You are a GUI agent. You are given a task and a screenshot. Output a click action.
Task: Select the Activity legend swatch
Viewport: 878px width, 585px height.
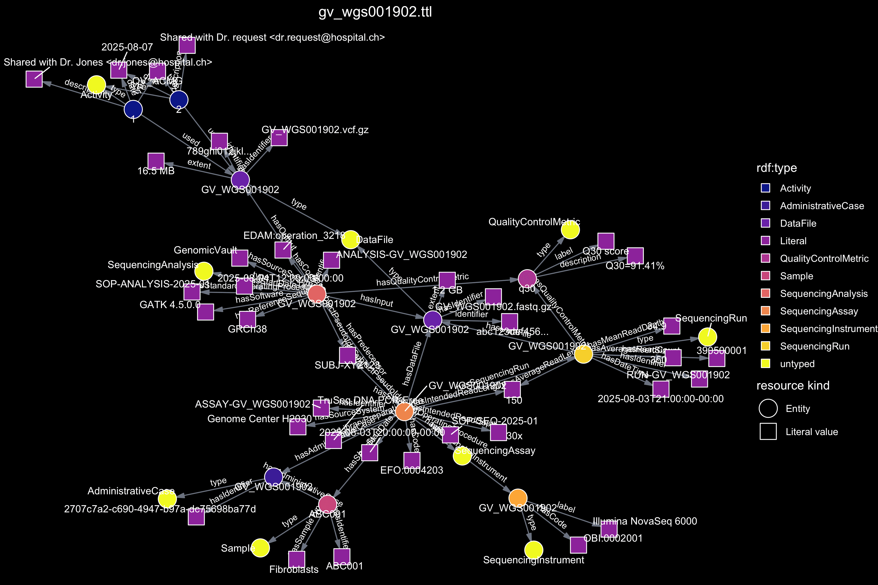(765, 188)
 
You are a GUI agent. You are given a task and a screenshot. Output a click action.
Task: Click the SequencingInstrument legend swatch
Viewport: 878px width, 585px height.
(765, 328)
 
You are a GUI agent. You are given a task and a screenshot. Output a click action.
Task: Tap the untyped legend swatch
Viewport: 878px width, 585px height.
(765, 363)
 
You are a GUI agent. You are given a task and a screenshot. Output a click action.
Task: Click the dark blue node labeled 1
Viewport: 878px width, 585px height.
(133, 109)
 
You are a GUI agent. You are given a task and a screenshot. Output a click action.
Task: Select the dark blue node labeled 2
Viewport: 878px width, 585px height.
(179, 100)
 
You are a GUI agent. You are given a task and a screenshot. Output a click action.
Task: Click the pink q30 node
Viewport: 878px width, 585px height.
(527, 278)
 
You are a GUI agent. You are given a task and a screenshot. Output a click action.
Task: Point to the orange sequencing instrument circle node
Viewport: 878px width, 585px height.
(518, 498)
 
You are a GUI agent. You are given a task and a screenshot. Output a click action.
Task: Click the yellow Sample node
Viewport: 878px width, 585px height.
(260, 548)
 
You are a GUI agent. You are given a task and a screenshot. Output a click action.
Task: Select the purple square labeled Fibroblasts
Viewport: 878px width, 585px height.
(296, 559)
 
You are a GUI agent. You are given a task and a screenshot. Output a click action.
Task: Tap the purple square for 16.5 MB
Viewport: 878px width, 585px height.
(156, 161)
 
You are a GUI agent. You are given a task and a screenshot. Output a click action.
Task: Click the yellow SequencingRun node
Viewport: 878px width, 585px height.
(708, 337)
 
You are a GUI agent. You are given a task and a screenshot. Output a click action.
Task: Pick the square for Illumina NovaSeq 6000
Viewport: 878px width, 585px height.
(609, 529)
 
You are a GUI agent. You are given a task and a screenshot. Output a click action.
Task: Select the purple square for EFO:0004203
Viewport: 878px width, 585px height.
(412, 460)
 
